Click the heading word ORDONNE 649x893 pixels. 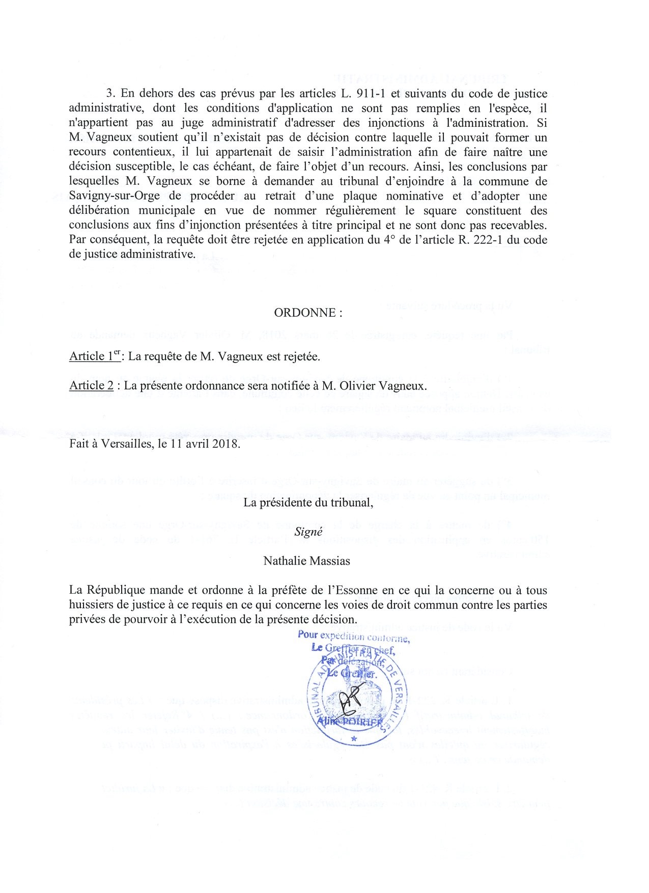pyautogui.click(x=304, y=313)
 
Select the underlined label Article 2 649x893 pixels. pyautogui.click(x=92, y=385)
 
